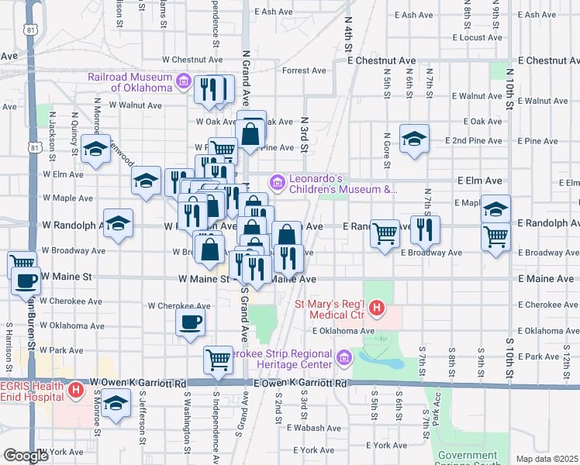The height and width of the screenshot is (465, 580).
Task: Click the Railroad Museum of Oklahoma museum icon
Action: point(184,80)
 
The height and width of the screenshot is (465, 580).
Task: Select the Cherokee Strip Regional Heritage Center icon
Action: point(344,358)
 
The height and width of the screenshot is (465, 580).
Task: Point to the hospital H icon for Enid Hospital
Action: point(76,390)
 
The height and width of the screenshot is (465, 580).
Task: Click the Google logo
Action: point(26,456)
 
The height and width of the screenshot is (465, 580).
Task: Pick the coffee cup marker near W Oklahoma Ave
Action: point(190,322)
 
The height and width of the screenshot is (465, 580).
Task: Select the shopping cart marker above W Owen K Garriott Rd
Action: point(218,359)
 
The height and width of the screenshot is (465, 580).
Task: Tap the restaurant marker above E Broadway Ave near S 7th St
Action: point(425,229)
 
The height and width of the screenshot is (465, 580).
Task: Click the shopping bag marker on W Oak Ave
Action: point(252,133)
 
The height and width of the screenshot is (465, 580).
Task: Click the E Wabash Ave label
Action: point(313,428)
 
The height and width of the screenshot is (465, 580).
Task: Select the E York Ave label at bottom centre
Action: point(316,449)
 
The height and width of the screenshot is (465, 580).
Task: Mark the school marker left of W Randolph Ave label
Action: point(118,223)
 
